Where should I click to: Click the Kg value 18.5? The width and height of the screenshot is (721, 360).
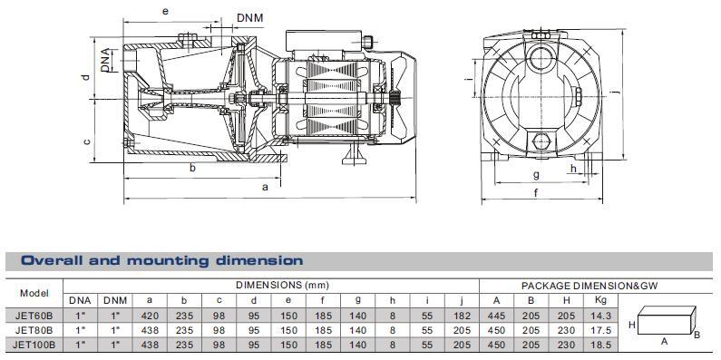tap(598, 345)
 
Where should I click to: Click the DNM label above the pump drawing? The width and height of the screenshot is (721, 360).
tap(250, 17)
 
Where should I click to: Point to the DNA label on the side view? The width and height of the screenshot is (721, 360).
tap(107, 60)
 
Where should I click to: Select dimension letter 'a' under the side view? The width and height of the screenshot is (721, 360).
tap(264, 187)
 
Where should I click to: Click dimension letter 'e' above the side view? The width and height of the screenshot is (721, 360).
tap(164, 11)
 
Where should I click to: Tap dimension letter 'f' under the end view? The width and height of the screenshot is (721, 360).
tap(536, 192)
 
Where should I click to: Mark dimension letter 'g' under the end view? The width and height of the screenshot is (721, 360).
tap(536, 174)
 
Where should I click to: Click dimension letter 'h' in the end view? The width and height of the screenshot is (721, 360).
tap(573, 168)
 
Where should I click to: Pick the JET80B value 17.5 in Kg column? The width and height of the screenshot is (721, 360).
tap(598, 331)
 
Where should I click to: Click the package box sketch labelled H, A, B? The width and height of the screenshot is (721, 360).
tap(667, 324)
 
